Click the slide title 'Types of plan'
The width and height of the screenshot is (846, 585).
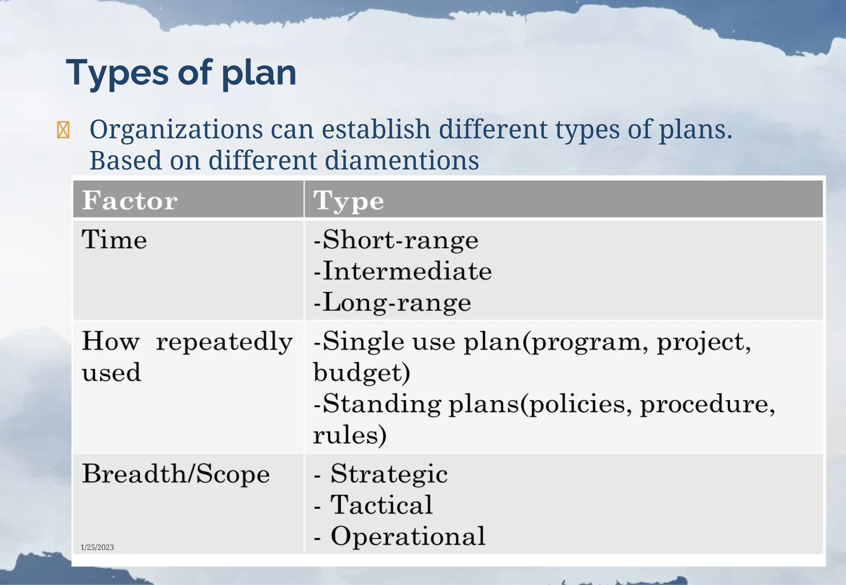coord(181,73)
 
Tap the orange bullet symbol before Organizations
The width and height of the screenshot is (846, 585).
coord(63,130)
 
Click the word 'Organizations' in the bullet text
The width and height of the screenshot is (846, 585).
coord(176,130)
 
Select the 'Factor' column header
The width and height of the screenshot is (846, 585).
coord(130,201)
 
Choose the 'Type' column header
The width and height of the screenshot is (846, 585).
coord(349,201)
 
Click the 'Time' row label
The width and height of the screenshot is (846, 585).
coord(114,240)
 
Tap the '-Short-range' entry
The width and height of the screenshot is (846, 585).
coord(396,240)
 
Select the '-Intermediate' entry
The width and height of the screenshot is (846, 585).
coord(402,271)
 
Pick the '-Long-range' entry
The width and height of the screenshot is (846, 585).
coord(392,302)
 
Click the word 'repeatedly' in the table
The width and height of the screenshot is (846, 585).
coord(224,342)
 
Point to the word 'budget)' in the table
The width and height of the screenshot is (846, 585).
coord(361,373)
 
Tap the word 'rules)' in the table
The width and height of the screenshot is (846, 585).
coord(349,435)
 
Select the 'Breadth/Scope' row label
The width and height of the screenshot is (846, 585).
coord(176,474)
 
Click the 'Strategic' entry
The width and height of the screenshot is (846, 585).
coord(389,474)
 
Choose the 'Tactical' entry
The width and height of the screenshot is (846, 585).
coord(381,505)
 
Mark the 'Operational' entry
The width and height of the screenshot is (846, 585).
coord(408,536)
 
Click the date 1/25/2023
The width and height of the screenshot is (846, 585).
coord(97,547)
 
